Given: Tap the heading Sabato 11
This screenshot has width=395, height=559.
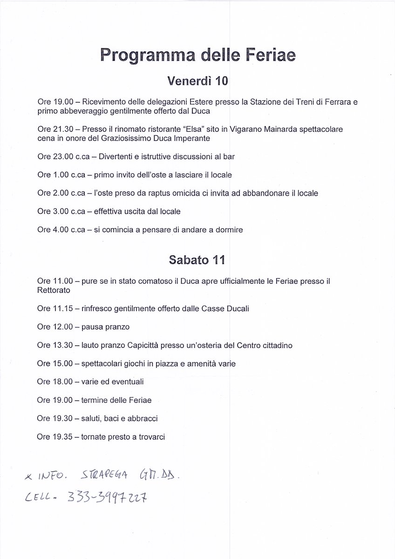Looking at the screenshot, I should (197, 260).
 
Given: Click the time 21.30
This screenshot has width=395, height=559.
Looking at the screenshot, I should (63, 128).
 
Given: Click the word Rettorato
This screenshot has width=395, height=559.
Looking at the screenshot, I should (54, 290).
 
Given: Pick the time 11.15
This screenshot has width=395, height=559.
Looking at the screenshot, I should (63, 308).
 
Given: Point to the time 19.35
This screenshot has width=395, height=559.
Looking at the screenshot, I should (63, 437).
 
